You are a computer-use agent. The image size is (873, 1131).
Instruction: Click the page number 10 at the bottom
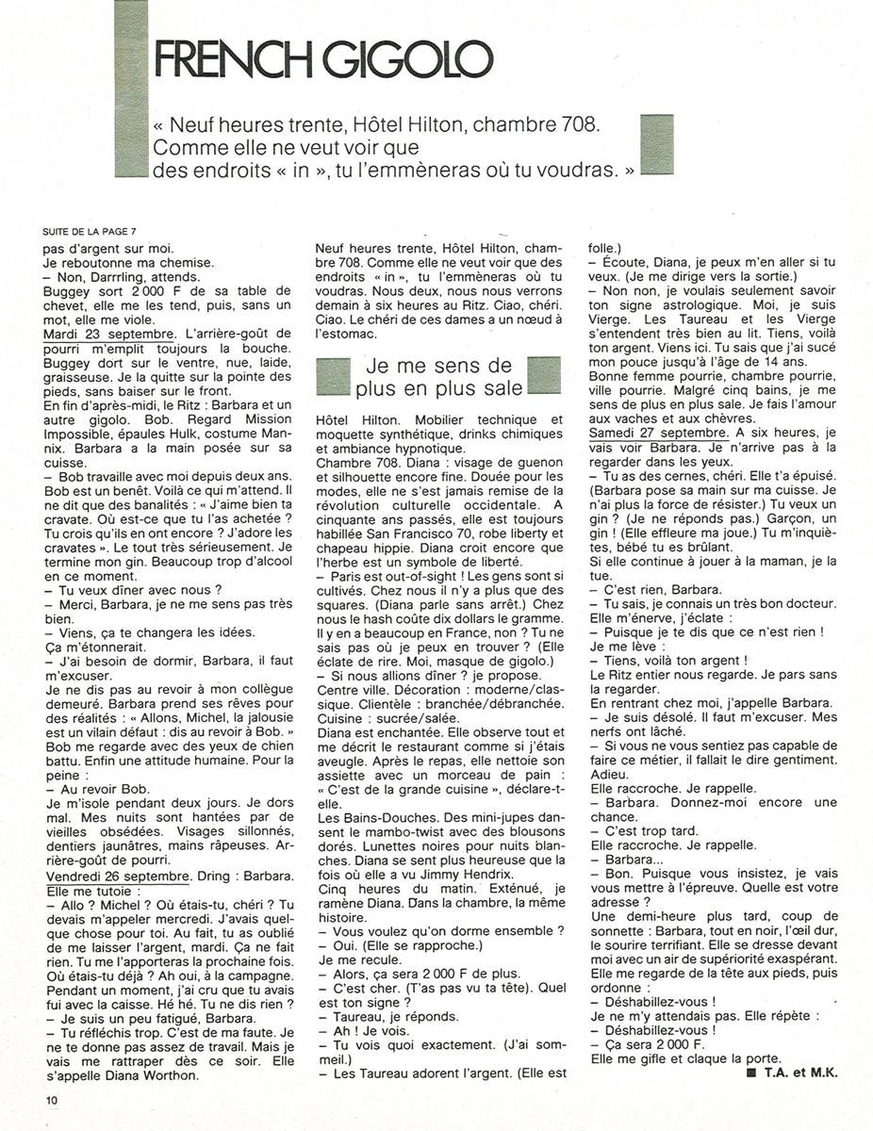click(x=50, y=1099)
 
